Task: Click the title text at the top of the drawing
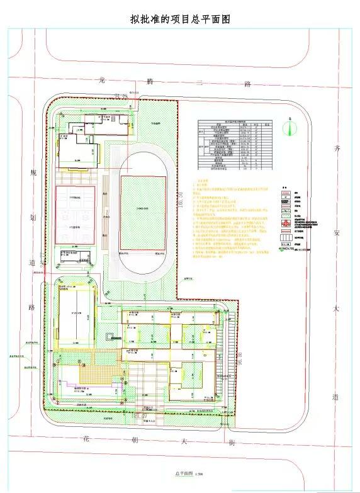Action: [180, 19]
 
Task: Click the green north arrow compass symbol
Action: [288, 128]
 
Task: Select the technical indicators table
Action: [234, 145]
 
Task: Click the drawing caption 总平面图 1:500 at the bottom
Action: [181, 473]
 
